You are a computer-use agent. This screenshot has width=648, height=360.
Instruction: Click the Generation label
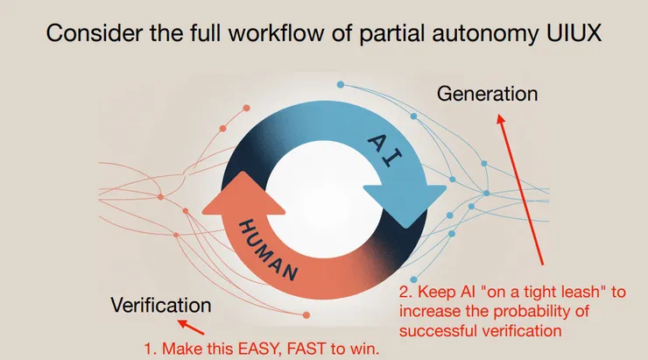pos(487,93)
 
